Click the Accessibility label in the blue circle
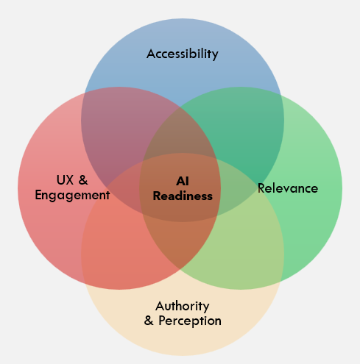pyautogui.click(x=183, y=54)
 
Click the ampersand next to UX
pyautogui.click(x=83, y=179)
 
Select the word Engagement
pyautogui.click(x=73, y=195)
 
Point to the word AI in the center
pyautogui.click(x=183, y=181)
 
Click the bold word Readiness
pyautogui.click(x=183, y=196)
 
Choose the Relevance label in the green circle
pyautogui.click(x=288, y=188)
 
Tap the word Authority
pyautogui.click(x=183, y=306)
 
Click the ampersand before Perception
pyautogui.click(x=149, y=321)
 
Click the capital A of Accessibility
pyautogui.click(x=151, y=54)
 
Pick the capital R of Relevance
pyautogui.click(x=261, y=188)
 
